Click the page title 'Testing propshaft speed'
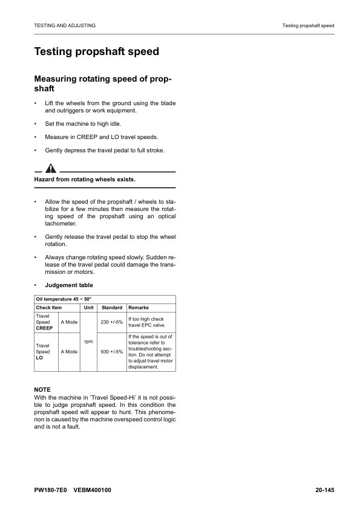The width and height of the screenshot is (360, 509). tap(97, 51)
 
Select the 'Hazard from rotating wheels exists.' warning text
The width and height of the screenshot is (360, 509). tap(85, 180)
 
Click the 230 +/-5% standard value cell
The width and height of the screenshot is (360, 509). tap(112, 322)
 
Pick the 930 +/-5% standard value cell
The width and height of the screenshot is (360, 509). tap(112, 351)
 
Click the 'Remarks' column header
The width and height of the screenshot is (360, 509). tap(139, 308)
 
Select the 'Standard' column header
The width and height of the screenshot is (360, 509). tap(112, 308)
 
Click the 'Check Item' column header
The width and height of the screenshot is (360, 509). tap(49, 308)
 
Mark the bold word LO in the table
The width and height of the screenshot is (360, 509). tap(40, 358)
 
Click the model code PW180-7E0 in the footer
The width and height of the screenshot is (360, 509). tap(54, 490)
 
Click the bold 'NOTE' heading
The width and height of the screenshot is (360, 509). tap(42, 389)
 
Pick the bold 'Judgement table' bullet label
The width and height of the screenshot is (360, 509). tap(69, 285)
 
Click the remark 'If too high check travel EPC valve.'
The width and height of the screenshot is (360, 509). tap(146, 322)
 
